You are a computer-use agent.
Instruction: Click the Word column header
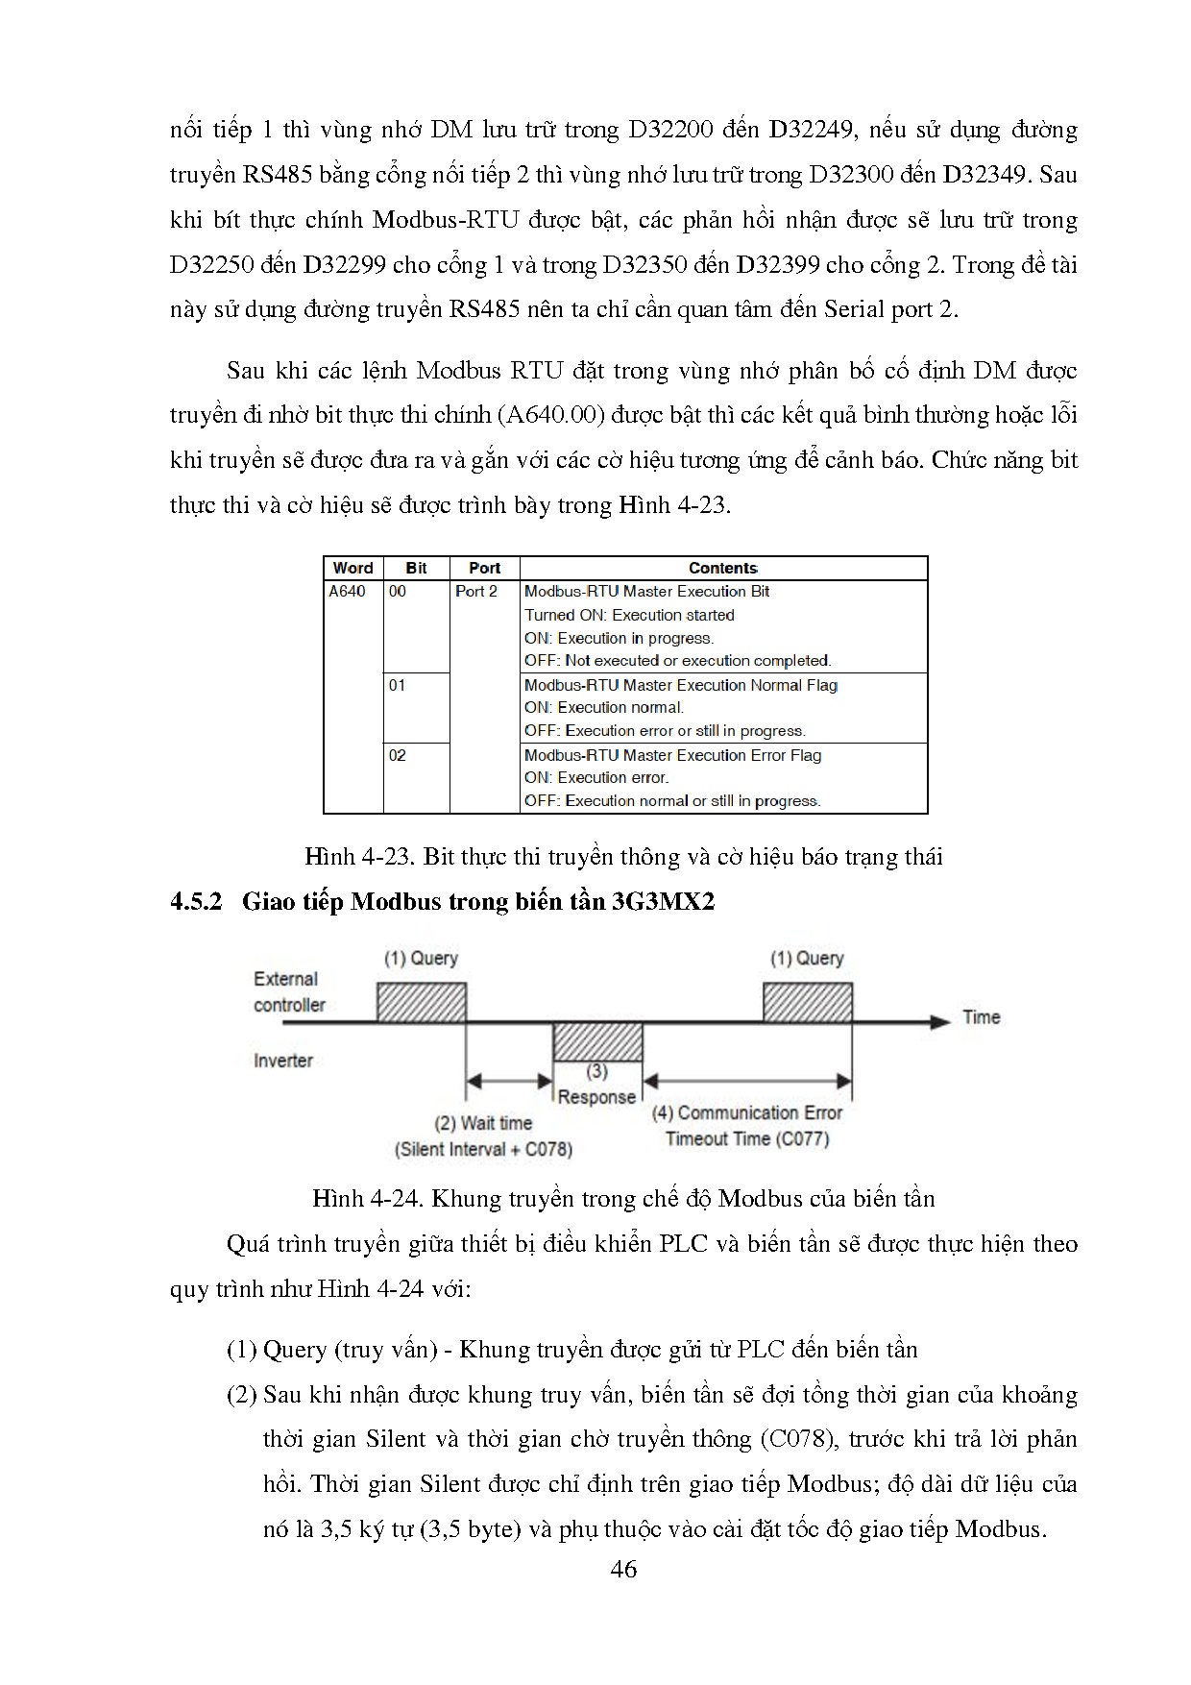coord(352,568)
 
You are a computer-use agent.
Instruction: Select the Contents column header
coord(722,568)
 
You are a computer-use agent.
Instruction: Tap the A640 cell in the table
coord(348,592)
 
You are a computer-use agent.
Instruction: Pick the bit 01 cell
coord(398,685)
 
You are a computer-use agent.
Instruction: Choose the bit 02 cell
coord(398,755)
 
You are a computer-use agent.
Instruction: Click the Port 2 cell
coord(476,592)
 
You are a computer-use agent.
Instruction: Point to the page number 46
coord(623,1569)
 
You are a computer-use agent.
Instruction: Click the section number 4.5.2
coord(196,901)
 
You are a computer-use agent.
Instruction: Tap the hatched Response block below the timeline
coord(597,1041)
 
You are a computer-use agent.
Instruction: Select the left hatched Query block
coord(421,1002)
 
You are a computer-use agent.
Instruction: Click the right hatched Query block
coord(807,1002)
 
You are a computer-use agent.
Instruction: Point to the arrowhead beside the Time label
coord(939,1022)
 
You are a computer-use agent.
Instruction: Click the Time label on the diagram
coord(981,1017)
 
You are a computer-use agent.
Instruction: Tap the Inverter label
coord(283,1061)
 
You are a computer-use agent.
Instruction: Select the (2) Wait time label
coord(483,1123)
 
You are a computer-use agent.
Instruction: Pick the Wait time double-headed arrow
coord(509,1082)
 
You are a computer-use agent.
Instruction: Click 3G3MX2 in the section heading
coord(663,901)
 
